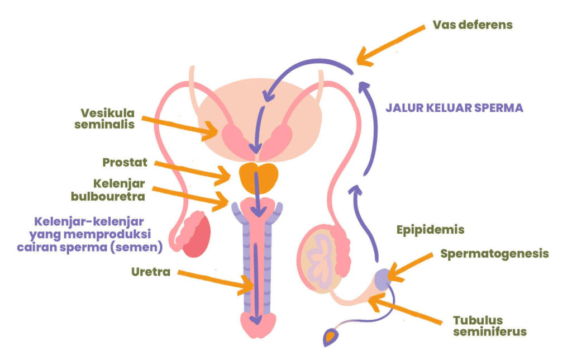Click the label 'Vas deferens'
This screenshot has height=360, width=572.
[x=473, y=25]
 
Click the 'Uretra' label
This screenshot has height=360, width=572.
[x=151, y=272]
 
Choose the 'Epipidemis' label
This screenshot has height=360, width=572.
[x=430, y=229]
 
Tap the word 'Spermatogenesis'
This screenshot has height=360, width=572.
[x=494, y=253]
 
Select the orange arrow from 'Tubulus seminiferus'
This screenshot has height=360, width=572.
[x=408, y=311]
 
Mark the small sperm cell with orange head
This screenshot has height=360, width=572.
[x=331, y=336]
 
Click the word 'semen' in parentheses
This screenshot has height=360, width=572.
[x=144, y=246]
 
